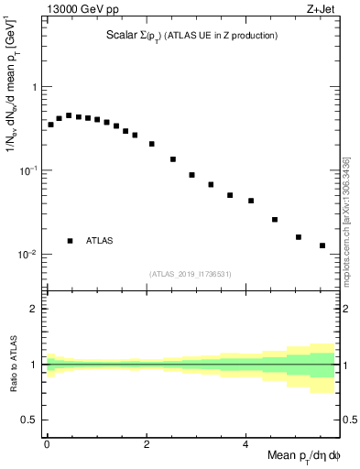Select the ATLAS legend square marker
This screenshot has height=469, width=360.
(x=70, y=241)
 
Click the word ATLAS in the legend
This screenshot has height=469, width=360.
(x=100, y=241)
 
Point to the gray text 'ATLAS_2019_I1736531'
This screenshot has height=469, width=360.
(x=191, y=274)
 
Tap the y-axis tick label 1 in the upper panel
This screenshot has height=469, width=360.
(x=35, y=88)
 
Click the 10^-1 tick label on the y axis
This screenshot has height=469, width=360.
(x=29, y=170)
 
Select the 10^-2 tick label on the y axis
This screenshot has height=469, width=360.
(x=29, y=254)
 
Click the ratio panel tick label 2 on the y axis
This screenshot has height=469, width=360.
(x=35, y=309)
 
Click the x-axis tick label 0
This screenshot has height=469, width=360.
(x=47, y=444)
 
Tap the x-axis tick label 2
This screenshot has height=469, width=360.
(x=147, y=444)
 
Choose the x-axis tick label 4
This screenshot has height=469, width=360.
(x=245, y=444)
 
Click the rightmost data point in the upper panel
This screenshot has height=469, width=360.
(x=322, y=245)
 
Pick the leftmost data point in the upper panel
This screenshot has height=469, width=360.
(x=50, y=125)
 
